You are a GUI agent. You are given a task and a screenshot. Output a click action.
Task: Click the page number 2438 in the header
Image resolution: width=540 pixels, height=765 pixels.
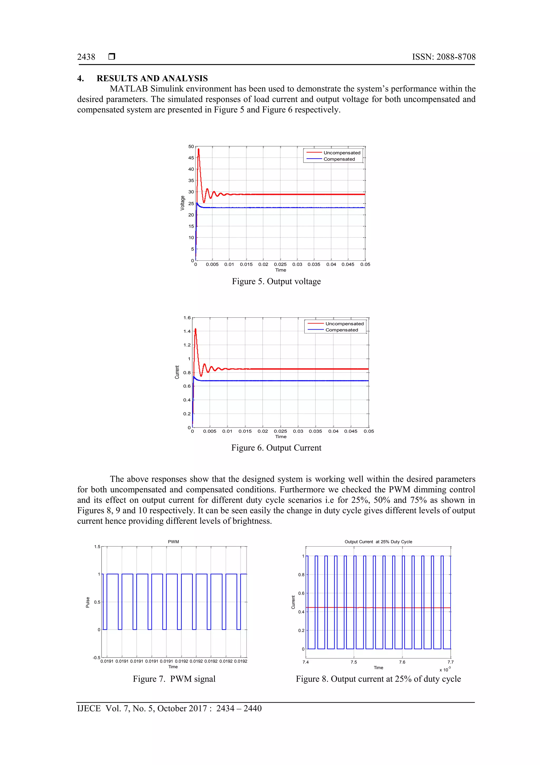pos(86,57)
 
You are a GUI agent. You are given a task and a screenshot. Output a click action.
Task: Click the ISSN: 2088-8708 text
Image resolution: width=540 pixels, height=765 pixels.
pos(443,57)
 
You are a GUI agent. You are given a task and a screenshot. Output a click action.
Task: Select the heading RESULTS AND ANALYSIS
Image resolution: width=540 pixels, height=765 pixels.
pos(152,78)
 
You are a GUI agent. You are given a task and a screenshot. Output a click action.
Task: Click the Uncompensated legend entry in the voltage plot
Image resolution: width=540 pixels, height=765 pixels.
pos(342,153)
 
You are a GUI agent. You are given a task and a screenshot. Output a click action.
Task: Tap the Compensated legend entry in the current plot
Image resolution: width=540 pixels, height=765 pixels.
pos(341,330)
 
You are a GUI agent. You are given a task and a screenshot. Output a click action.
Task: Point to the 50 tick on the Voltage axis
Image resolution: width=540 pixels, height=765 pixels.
pos(191,147)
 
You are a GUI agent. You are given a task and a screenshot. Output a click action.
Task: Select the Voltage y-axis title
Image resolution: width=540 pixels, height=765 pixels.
pos(182,203)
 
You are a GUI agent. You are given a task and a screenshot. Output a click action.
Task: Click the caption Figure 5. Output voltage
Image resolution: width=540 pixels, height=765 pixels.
pos(276,281)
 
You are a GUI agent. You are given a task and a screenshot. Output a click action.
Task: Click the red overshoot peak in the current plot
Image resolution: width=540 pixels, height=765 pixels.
pos(195,329)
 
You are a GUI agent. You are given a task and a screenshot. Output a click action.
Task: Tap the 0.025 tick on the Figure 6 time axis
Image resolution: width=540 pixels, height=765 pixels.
pos(280,431)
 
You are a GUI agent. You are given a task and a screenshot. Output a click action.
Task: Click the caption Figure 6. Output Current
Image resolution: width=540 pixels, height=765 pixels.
pos(276,448)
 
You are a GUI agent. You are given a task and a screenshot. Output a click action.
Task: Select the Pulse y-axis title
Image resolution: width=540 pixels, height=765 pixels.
pos(88,602)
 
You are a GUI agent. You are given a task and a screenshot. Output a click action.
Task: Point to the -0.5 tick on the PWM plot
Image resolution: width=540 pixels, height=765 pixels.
pos(97,657)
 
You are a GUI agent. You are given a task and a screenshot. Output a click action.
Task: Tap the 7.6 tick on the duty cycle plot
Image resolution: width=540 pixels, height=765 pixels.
pos(402,662)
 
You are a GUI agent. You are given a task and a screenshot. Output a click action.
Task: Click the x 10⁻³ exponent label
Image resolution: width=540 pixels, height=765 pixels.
pos(445,669)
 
